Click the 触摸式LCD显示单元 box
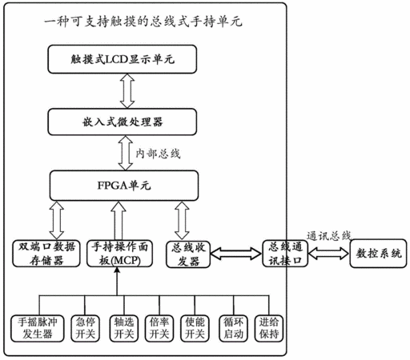click(123, 59)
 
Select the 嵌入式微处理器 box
click(123, 122)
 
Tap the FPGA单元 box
click(124, 186)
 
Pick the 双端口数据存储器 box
click(46, 254)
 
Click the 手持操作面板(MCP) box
click(120, 254)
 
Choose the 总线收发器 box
click(188, 254)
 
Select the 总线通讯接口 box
click(285, 254)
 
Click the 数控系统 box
click(379, 254)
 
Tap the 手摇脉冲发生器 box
click(38, 329)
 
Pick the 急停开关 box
click(86, 329)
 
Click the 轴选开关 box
click(124, 329)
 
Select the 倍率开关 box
click(159, 329)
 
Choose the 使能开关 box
click(195, 329)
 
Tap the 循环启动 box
click(233, 329)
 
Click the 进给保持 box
click(269, 329)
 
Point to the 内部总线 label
click(158, 154)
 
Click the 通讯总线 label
click(328, 236)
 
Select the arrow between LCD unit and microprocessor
click(127, 91)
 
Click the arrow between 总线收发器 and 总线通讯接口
click(236, 254)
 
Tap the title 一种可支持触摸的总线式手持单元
click(143, 22)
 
